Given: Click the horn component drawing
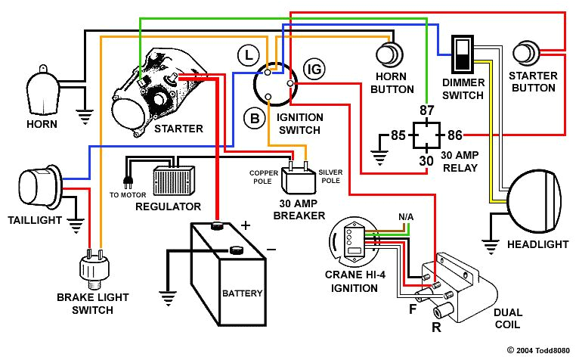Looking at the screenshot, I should click(42, 92).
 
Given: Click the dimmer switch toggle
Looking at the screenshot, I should click(461, 54).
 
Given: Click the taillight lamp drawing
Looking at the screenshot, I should click(37, 185).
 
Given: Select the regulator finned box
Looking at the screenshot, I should click(173, 181).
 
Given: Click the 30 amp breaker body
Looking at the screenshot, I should click(299, 181).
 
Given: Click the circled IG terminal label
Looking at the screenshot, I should click(313, 70).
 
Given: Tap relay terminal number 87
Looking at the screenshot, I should click(426, 111).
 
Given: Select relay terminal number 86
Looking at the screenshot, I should click(454, 136).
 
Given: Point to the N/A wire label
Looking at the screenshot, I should click(406, 217).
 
